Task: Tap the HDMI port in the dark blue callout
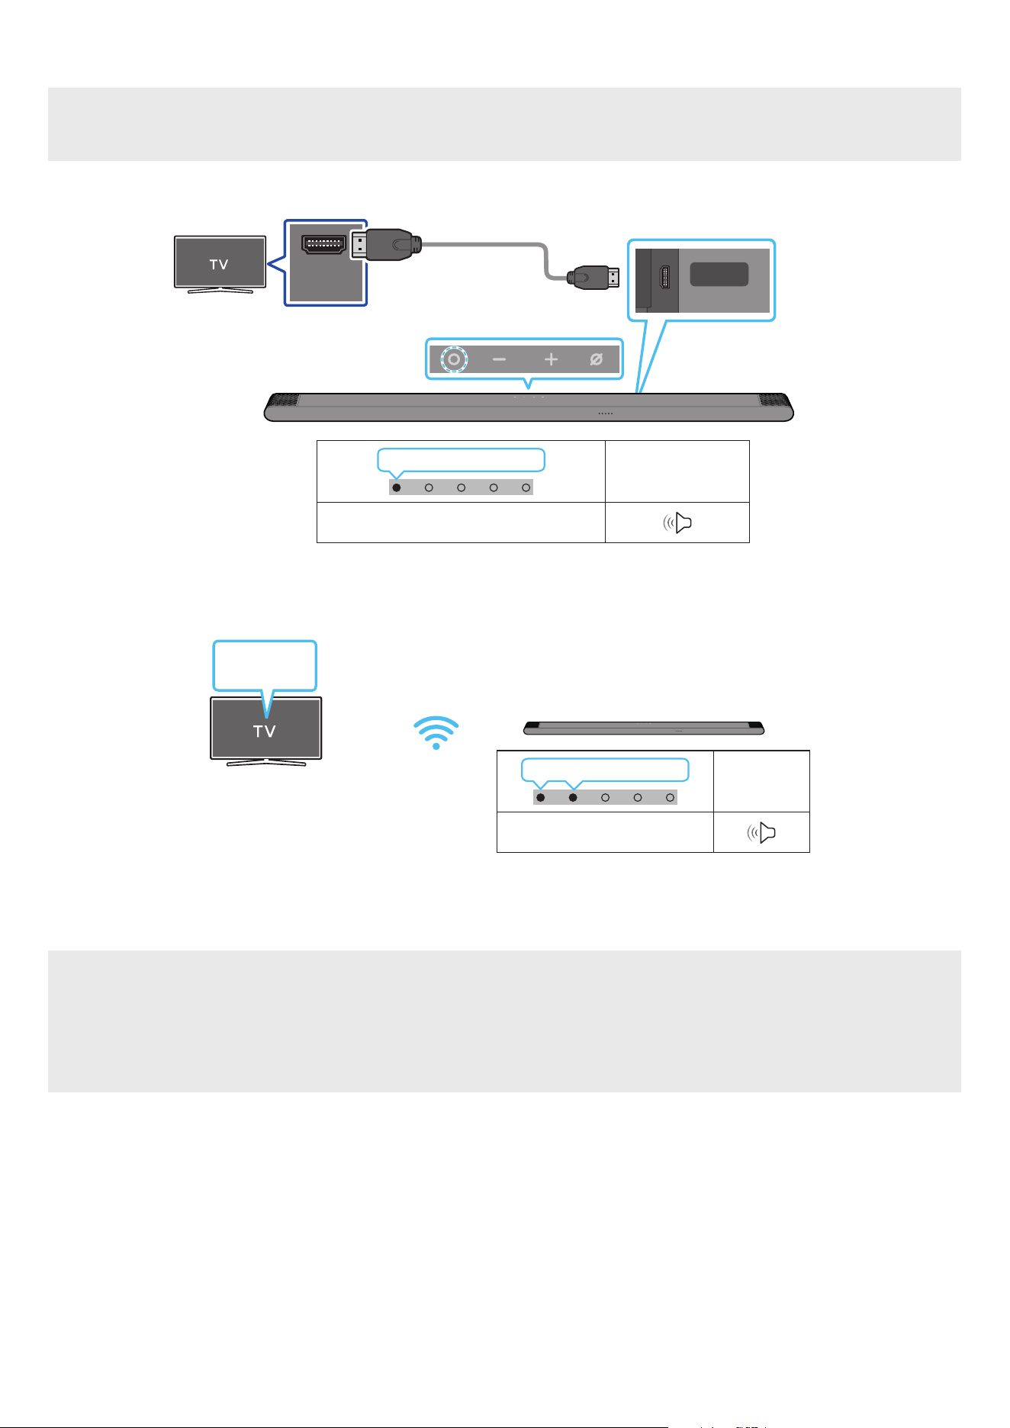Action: [x=324, y=244]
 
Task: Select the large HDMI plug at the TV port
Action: [x=385, y=245]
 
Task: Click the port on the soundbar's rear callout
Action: [x=664, y=278]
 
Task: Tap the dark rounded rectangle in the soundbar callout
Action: [x=719, y=275]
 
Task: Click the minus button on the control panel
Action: [x=499, y=359]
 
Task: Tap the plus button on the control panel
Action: [x=551, y=359]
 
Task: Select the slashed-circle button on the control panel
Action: [x=597, y=359]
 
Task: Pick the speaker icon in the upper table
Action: [x=677, y=523]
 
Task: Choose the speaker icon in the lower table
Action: [x=761, y=833]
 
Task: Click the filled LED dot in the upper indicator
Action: [x=397, y=487]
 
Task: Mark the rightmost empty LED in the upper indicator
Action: [x=526, y=487]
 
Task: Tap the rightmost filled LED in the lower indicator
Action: [x=573, y=798]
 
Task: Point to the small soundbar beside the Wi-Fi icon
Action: [x=644, y=728]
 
